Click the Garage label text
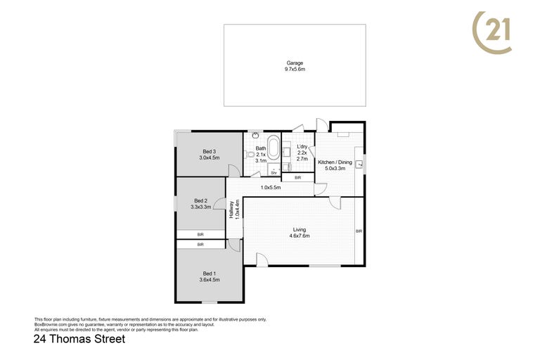coord(295,63)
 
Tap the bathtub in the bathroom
coord(274,148)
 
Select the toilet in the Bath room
coord(250,155)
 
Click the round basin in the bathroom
coord(255,136)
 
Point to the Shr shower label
coord(274,173)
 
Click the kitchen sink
coord(359,165)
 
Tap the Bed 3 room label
coord(210,152)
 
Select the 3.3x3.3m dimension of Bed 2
coord(201,207)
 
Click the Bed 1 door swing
coord(234,245)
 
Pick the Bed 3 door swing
coord(234,171)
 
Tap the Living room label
coord(300,230)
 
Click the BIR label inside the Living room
coord(359,231)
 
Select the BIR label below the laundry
coord(298,178)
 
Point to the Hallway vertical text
coord(231,210)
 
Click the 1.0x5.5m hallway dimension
coord(271,188)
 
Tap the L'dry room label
coord(302,147)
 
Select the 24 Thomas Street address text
coord(79,339)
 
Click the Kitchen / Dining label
coord(335,162)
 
